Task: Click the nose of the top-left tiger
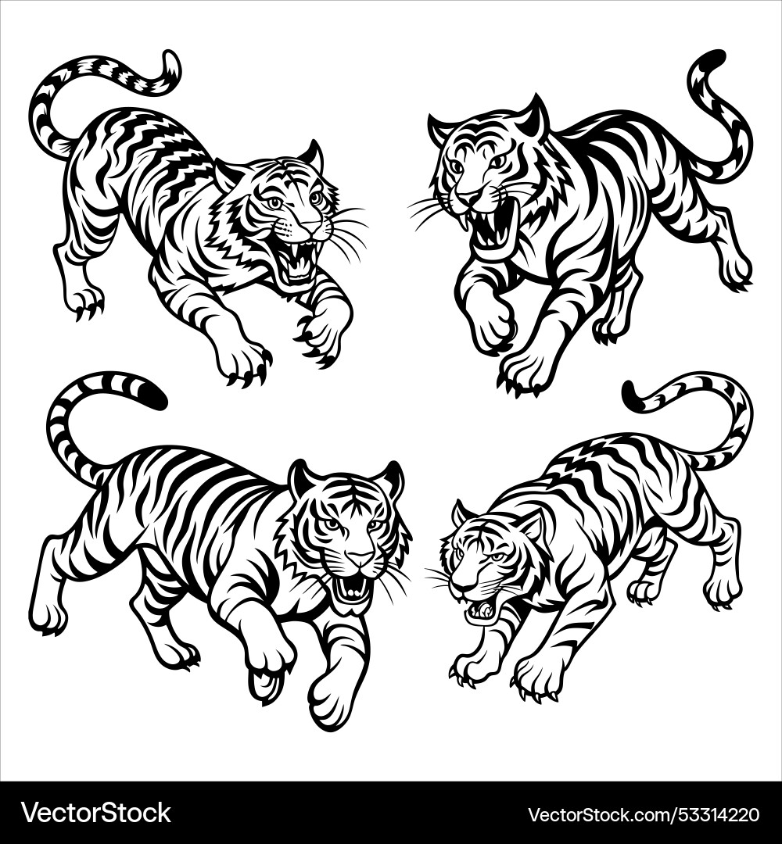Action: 310,227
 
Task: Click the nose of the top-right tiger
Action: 467,196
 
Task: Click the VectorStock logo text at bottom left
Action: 95,813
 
